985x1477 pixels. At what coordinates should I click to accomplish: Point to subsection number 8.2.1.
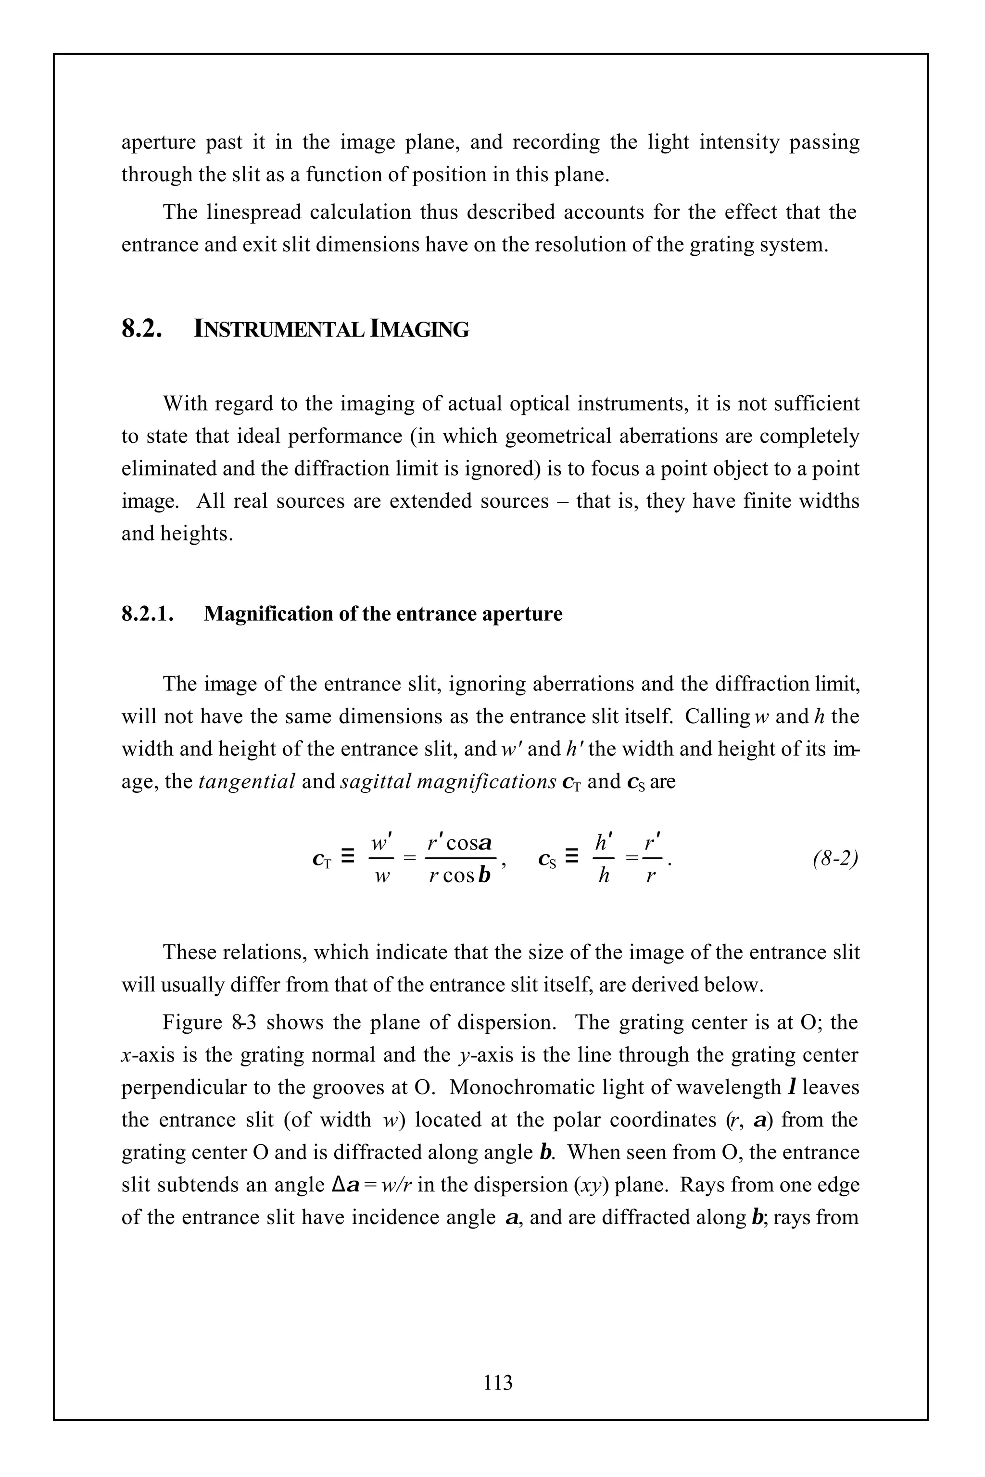tap(148, 613)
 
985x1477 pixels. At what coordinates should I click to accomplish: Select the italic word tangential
tap(246, 781)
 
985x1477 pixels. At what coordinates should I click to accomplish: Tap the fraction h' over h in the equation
tap(604, 858)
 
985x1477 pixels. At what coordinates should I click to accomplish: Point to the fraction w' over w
tap(381, 858)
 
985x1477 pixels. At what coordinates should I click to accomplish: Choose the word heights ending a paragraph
tap(196, 534)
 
